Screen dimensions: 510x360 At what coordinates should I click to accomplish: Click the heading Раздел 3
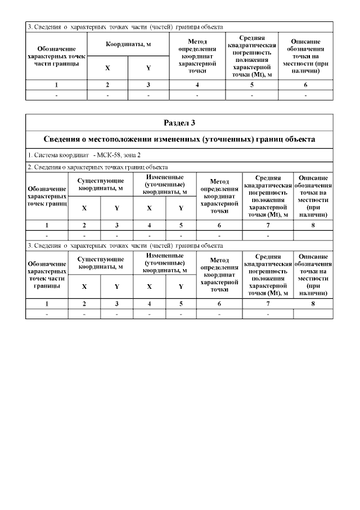click(x=179, y=123)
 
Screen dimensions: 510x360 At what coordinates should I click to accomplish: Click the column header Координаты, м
click(x=128, y=44)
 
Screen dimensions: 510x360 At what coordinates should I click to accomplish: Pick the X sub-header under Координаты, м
click(x=107, y=68)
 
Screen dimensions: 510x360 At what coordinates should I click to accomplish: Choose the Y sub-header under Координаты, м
click(x=148, y=68)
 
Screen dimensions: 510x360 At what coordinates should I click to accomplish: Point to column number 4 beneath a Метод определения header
click(x=197, y=85)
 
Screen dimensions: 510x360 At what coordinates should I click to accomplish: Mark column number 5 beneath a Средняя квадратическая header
click(x=252, y=85)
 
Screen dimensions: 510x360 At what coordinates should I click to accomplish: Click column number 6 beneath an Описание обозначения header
click(x=305, y=85)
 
